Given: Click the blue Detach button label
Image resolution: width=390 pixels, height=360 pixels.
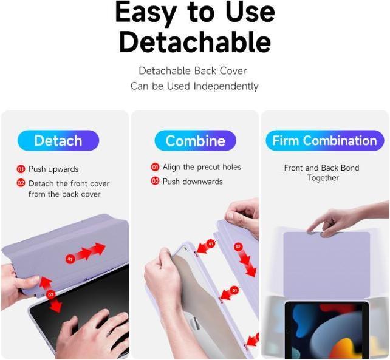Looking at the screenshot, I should coord(58,141).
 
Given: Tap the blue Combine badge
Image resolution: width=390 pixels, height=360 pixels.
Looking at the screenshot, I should coord(195,141).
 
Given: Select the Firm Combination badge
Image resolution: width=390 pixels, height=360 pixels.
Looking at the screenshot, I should coord(324,141).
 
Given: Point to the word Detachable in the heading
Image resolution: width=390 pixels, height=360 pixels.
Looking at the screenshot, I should coord(194,42).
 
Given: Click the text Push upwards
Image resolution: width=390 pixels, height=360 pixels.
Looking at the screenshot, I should coord(53,169).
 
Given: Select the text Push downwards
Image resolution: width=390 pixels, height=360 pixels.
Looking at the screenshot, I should coord(193,182).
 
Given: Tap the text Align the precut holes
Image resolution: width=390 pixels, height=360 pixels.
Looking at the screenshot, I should coord(202,167).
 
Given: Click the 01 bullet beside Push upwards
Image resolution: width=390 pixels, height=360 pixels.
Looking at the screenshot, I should coord(21,169).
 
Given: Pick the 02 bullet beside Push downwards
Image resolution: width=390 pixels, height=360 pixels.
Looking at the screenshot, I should coord(155,182).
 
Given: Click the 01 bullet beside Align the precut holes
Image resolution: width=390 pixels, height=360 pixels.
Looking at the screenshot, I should coord(155,167).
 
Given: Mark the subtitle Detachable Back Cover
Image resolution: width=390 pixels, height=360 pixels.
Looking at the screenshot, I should coord(193,71).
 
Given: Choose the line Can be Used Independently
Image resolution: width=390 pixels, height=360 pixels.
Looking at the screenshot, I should coord(194,86).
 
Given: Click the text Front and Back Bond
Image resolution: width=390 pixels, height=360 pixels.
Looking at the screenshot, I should coord(321,168).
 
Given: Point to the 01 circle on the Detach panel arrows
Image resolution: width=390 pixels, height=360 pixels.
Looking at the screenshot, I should coord(70,259).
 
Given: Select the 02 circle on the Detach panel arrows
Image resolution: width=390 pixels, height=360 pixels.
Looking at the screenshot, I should coord(51,294).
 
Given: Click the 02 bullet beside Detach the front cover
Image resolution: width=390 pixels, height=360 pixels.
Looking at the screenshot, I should coord(21,183).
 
